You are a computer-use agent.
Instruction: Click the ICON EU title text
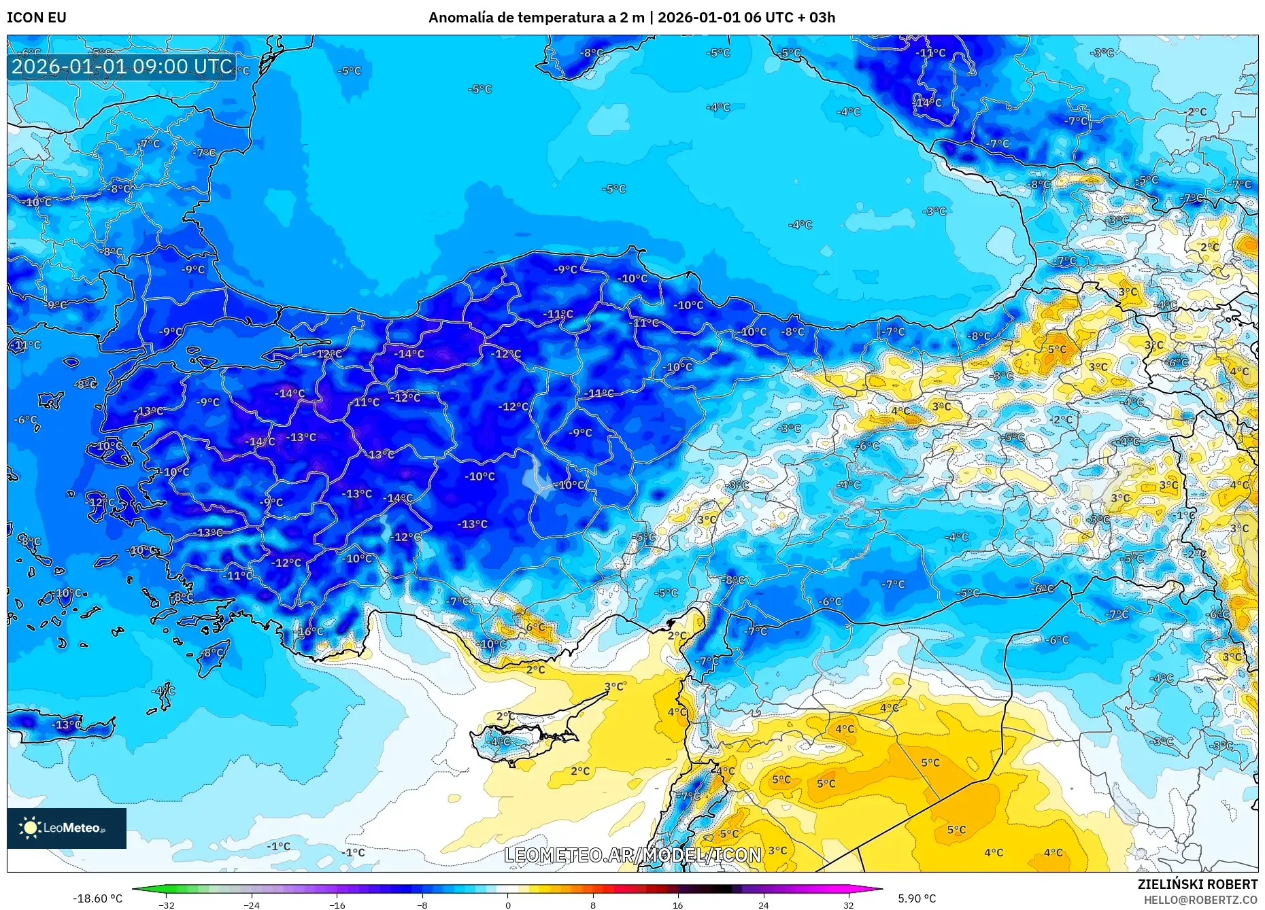coord(37,18)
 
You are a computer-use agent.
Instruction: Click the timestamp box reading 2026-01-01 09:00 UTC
coord(122,67)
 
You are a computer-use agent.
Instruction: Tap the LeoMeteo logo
coord(67,828)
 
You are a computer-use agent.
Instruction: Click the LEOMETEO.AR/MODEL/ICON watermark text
coord(632,855)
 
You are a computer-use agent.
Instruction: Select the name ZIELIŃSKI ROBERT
coord(1197,884)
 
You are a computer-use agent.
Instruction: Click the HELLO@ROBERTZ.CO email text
coord(1200,900)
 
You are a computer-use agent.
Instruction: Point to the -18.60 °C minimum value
coord(97,898)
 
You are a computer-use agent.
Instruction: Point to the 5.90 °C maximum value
coord(917,898)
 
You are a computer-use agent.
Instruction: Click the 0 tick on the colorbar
coord(507,905)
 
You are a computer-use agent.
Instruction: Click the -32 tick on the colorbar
coord(166,905)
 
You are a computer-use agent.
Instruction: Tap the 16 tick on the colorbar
coord(677,905)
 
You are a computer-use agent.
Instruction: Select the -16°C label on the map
coord(310,631)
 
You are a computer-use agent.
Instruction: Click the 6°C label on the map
coord(535,627)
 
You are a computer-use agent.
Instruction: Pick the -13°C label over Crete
coord(68,724)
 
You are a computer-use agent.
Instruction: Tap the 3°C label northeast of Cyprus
coord(614,686)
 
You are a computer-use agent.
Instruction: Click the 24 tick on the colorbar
coord(763,905)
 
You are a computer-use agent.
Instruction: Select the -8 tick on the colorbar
coord(422,905)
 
